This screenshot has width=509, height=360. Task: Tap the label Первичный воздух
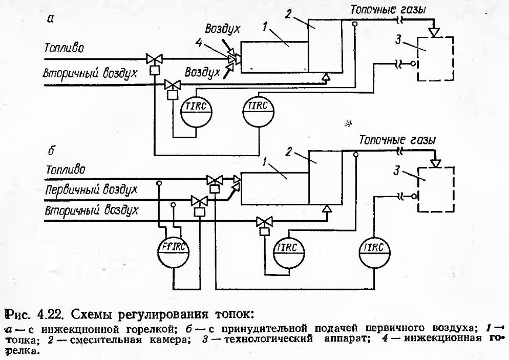pos(91,189)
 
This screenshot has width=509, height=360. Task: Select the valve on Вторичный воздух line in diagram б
pos(265,221)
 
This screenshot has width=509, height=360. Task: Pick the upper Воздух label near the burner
pos(223,28)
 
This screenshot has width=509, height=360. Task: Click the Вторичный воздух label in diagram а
pos(90,74)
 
